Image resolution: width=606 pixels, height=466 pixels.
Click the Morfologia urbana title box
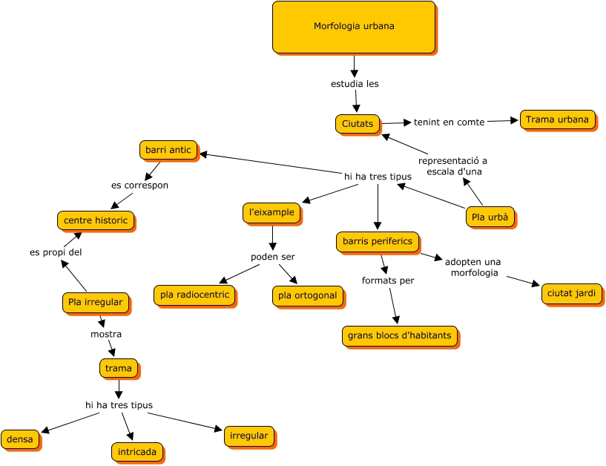click(x=354, y=27)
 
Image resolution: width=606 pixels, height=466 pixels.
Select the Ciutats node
click(x=358, y=123)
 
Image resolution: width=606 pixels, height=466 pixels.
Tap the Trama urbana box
click(x=557, y=119)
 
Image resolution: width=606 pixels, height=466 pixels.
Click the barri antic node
click(x=168, y=150)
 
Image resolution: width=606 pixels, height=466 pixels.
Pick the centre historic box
click(x=96, y=220)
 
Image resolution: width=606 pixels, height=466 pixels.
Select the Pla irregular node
click(x=95, y=302)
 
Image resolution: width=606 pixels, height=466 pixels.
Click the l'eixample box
click(x=272, y=212)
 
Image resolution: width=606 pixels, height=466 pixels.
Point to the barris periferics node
click(x=378, y=241)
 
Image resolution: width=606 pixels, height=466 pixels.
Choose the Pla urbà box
click(x=490, y=217)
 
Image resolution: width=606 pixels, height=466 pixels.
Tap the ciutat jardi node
click(x=571, y=293)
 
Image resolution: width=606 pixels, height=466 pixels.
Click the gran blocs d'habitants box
click(x=399, y=336)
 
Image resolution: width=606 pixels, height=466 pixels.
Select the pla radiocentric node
click(x=194, y=295)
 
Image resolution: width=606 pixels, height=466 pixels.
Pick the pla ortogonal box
click(x=307, y=295)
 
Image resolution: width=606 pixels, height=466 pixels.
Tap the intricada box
click(x=136, y=451)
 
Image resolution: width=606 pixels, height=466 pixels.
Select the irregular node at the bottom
click(x=249, y=436)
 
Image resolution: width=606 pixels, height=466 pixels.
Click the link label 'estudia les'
click(x=355, y=84)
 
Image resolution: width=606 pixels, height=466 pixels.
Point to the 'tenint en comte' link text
click(x=449, y=122)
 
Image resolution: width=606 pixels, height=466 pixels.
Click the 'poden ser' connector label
click(x=272, y=257)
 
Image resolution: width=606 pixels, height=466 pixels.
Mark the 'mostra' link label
click(x=106, y=334)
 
